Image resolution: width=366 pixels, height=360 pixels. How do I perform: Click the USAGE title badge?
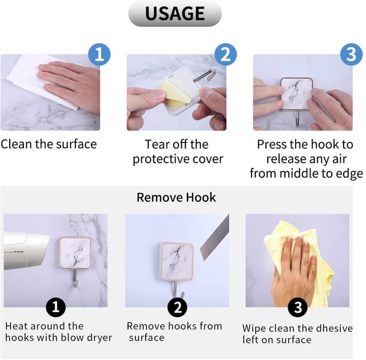(x=175, y=14)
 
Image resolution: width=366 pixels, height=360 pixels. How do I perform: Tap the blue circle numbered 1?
(x=99, y=54)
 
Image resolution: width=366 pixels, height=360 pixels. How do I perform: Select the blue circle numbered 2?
(x=225, y=54)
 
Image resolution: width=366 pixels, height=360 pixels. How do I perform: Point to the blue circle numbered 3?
(x=351, y=54)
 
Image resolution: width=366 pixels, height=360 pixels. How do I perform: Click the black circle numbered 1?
(x=56, y=307)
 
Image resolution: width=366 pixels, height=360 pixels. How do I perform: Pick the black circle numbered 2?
(x=177, y=307)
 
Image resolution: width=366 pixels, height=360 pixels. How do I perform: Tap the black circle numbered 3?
(x=297, y=307)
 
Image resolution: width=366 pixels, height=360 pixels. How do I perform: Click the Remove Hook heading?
(x=176, y=197)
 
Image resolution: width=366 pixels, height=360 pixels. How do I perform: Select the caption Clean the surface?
(x=49, y=144)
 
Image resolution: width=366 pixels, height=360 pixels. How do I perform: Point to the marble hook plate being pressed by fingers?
(x=296, y=94)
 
